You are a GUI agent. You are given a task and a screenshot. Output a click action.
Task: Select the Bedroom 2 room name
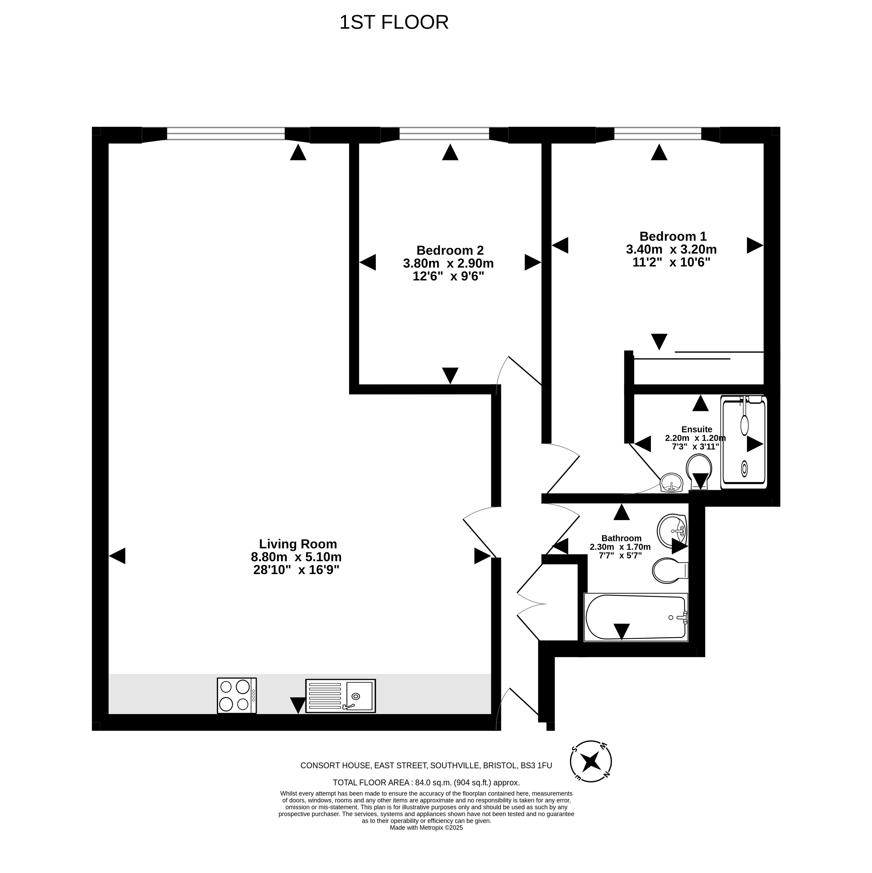pos(450,250)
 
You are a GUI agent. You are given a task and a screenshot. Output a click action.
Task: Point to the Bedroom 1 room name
pos(673,236)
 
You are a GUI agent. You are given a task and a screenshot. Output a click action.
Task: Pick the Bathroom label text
pos(621,538)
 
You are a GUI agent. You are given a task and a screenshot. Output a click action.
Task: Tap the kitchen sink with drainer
pos(340,696)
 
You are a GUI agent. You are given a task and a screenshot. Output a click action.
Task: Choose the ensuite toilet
pos(699,471)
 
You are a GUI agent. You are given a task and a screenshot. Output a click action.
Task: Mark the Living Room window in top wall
pos(226,134)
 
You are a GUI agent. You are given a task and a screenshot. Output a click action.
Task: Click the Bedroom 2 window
pos(444,134)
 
